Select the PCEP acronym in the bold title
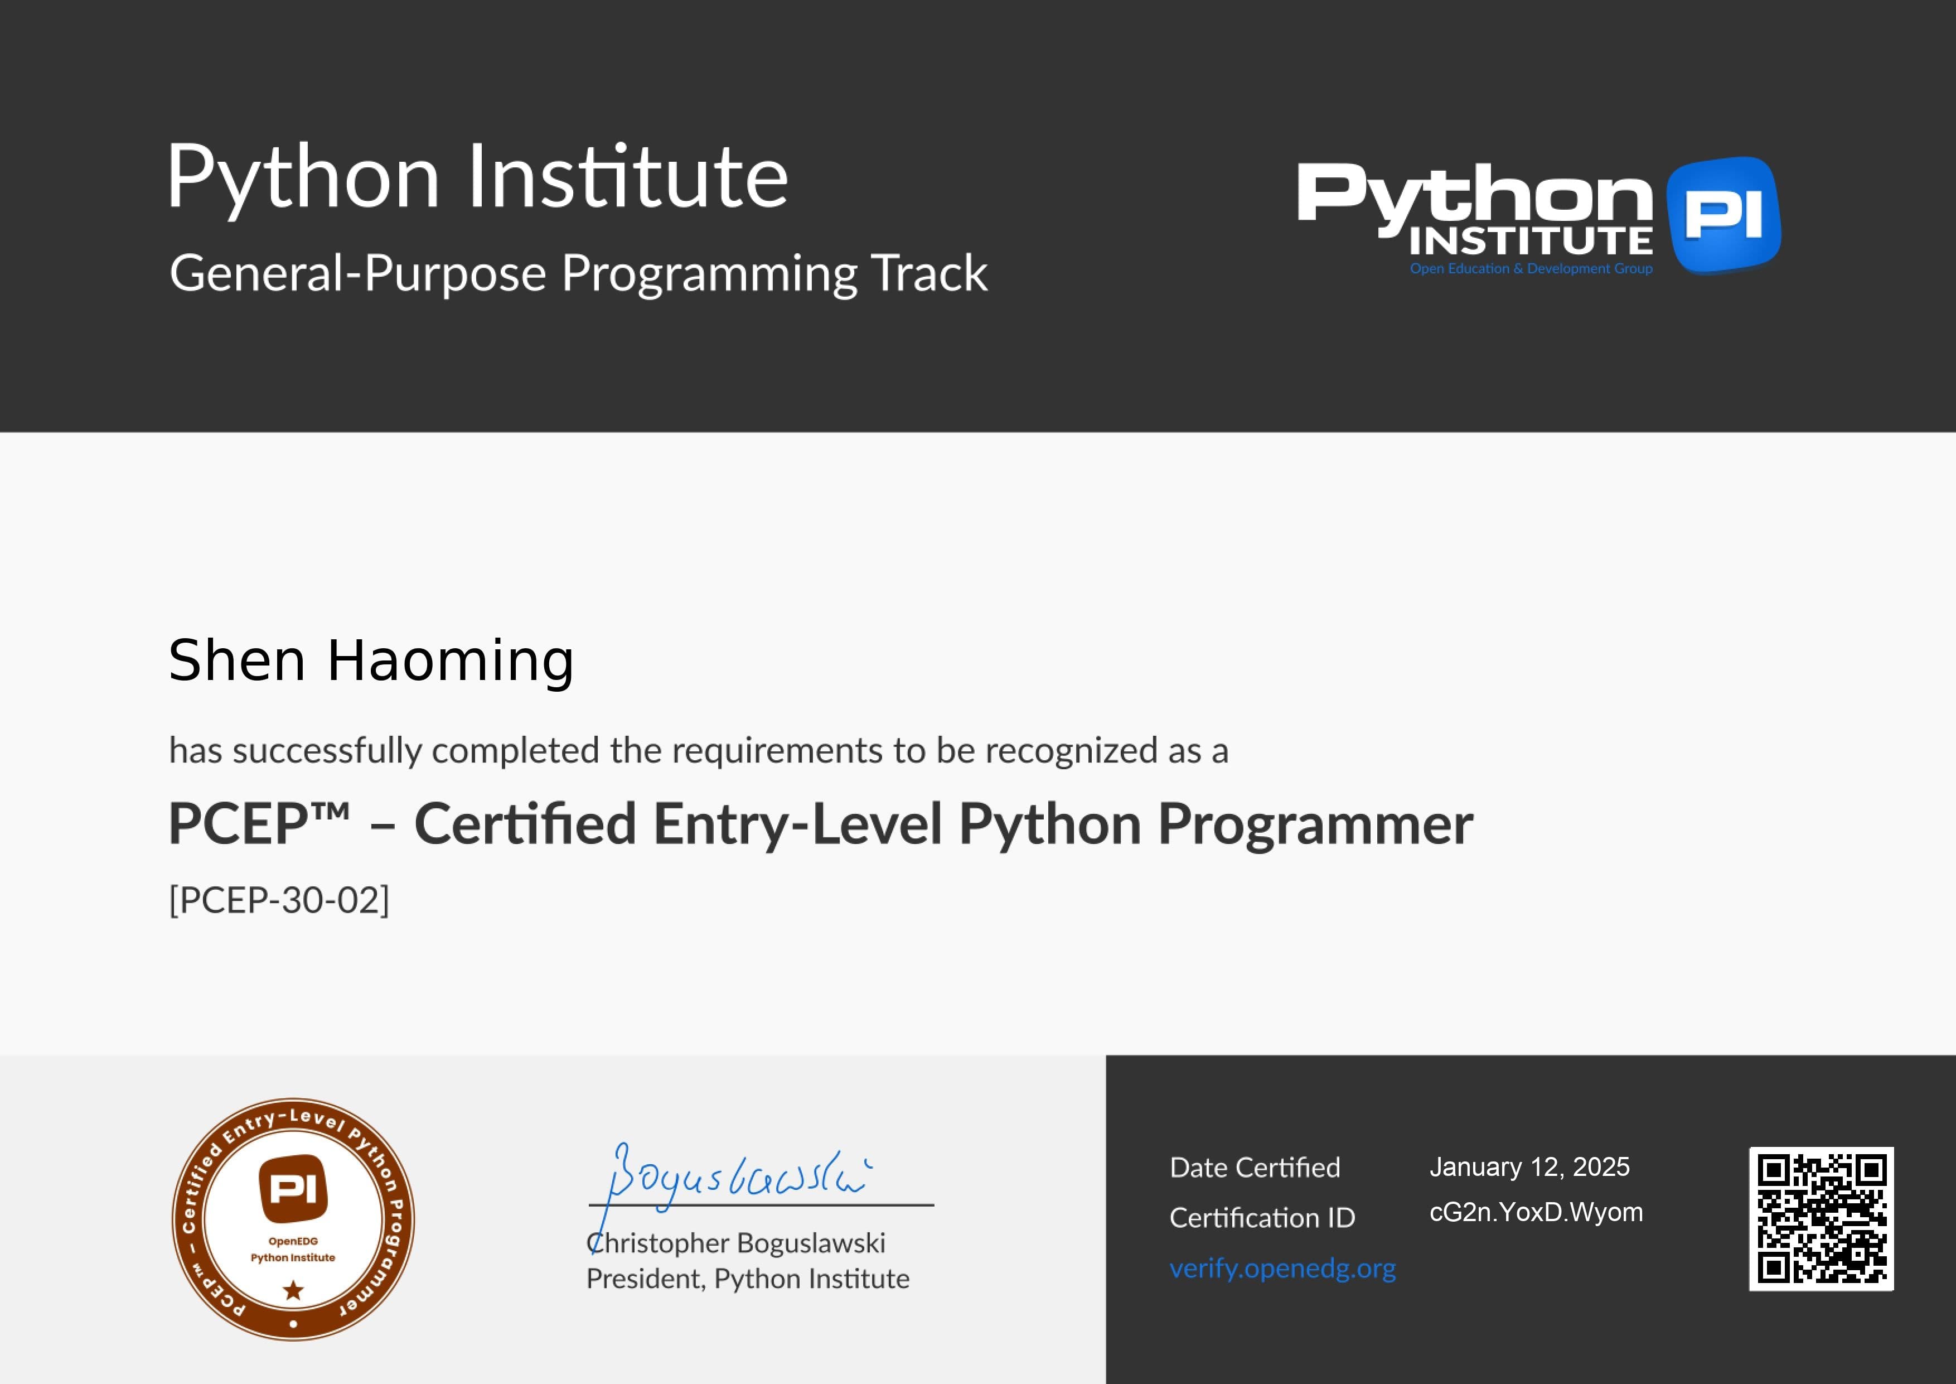239,824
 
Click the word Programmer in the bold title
1315,824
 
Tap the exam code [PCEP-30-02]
279,900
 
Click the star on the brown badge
293,1290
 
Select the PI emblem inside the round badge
293,1187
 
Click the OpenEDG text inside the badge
293,1241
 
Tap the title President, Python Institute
747,1279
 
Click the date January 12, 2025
1529,1166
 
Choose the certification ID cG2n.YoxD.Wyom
1535,1212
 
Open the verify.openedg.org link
1282,1268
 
